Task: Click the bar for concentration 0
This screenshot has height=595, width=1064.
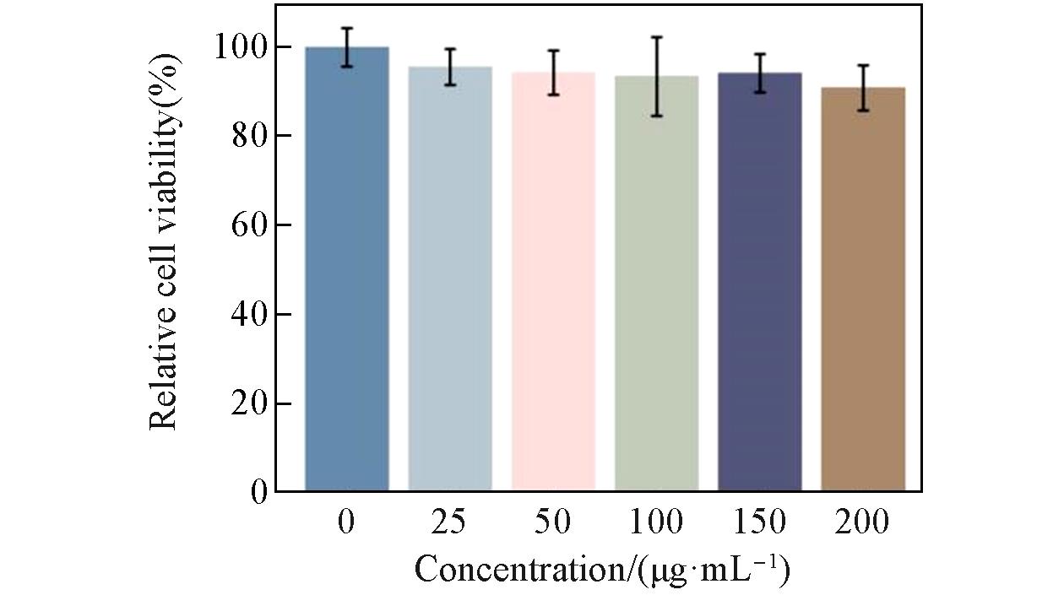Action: point(347,270)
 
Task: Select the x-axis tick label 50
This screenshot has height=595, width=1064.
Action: point(553,522)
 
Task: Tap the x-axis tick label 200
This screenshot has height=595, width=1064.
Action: point(862,522)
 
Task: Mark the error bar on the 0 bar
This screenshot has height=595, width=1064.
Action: point(347,47)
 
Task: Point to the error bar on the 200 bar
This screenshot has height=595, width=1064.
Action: point(862,88)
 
